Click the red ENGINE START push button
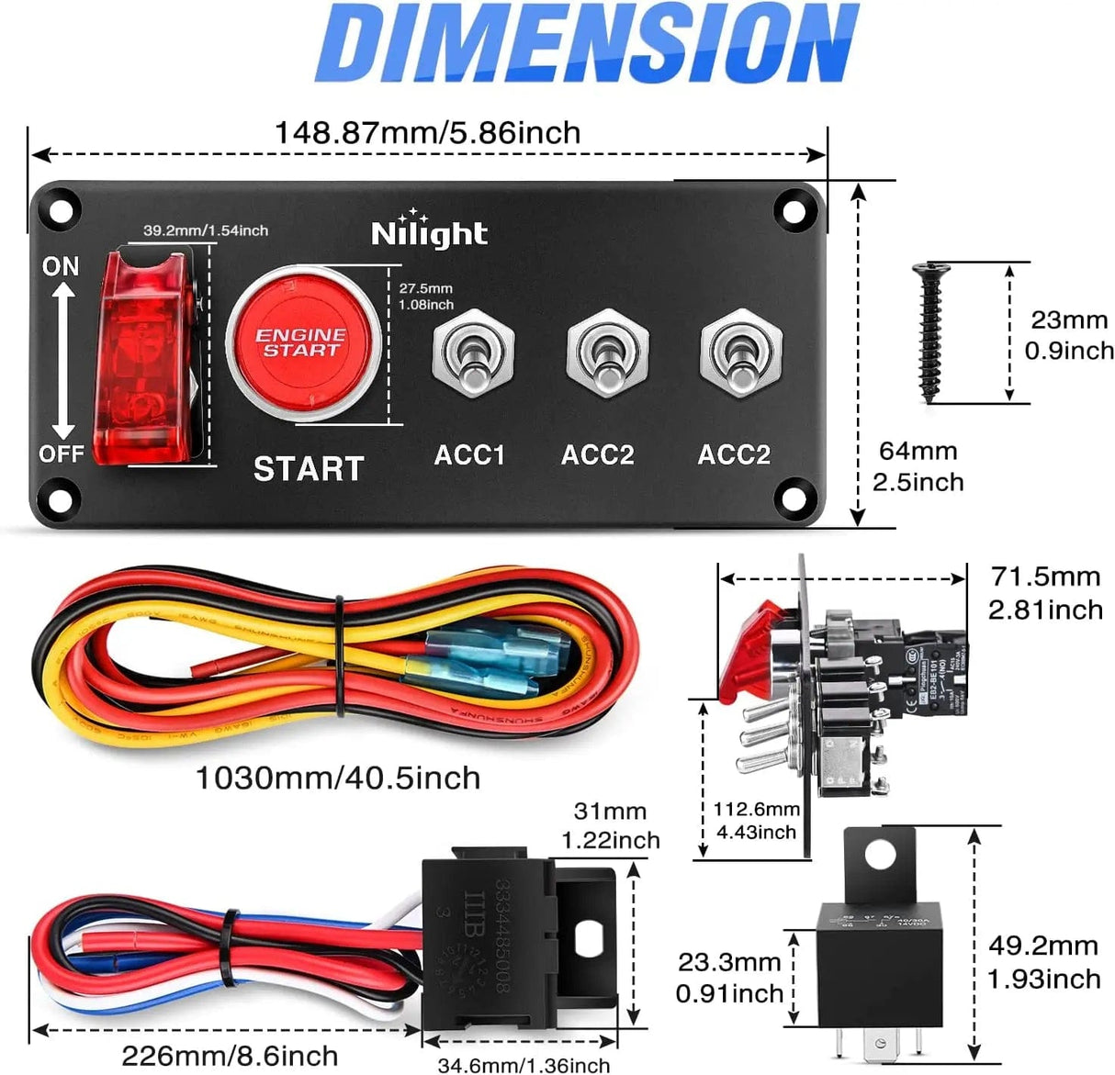(302, 342)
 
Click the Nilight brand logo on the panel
(429, 232)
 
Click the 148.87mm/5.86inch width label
(427, 133)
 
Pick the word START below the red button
(309, 468)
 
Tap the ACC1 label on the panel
(469, 454)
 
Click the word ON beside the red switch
(61, 266)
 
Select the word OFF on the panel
(61, 454)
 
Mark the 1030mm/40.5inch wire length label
(337, 778)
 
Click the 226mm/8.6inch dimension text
(230, 1056)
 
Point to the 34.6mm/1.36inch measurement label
(524, 1065)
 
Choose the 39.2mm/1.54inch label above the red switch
(206, 230)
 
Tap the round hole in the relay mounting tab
(880, 855)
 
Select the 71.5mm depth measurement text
(1045, 577)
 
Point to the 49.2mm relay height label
(1043, 946)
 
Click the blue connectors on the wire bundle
(496, 656)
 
